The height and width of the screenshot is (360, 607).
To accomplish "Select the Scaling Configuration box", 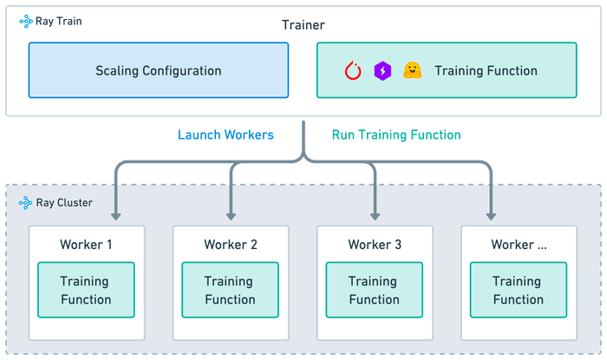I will [x=158, y=70].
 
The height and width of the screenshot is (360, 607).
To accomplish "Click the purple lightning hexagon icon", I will [x=382, y=70].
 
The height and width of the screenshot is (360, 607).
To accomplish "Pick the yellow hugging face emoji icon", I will [x=410, y=70].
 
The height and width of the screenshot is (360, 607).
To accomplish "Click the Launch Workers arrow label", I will [x=226, y=135].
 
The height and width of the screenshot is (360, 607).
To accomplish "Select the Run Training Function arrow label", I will [x=395, y=135].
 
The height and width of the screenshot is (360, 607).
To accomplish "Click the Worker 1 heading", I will [x=86, y=245].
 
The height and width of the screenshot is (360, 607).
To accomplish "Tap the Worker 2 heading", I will [x=230, y=245].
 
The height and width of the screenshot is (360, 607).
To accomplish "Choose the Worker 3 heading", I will [x=375, y=245].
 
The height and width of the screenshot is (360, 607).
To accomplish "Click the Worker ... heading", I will [x=519, y=245].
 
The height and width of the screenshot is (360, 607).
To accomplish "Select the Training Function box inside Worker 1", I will [x=86, y=291].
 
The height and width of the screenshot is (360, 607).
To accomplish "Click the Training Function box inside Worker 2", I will [x=230, y=291].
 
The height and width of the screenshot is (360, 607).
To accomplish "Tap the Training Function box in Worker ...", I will [x=519, y=291].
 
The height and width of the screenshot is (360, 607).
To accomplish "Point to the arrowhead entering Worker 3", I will [x=375, y=213].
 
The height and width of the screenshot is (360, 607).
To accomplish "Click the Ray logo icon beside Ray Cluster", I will [x=25, y=203].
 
